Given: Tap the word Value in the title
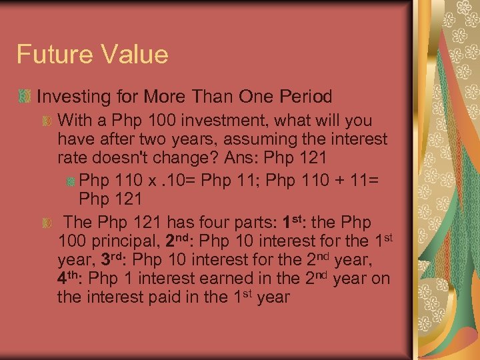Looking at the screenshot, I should pos(132,54).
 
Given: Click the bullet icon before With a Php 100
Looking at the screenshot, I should pos(46,122).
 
